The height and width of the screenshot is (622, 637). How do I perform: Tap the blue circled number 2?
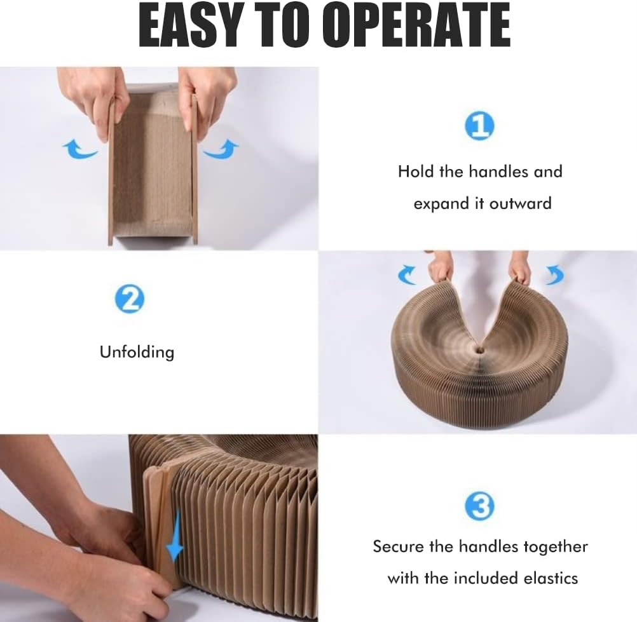point(130,299)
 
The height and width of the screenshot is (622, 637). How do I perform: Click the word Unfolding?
point(137,351)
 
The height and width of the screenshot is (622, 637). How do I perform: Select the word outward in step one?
point(516,203)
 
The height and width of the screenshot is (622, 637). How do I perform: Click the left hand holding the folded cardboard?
point(93,98)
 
